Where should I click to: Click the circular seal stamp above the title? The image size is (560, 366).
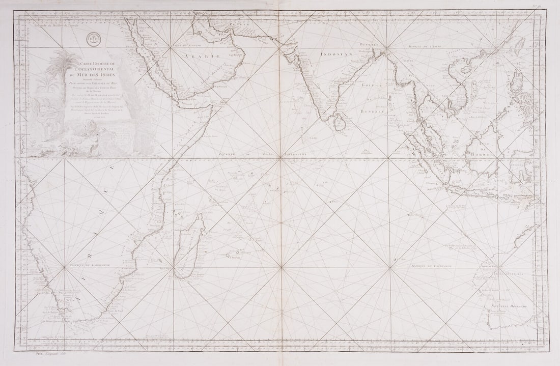coord(92,37)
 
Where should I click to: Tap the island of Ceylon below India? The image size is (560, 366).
coord(337,122)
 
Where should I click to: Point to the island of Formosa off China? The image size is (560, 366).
coord(519,46)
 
